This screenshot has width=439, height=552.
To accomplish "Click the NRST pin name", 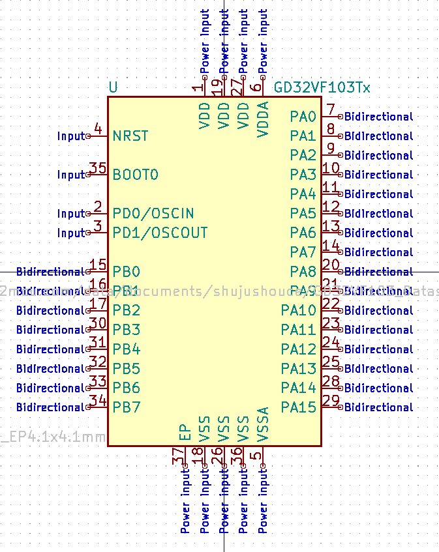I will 130,136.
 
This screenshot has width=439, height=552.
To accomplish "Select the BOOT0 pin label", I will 136,175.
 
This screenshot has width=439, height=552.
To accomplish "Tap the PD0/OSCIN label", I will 153,214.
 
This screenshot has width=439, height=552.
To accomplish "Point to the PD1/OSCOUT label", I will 160,233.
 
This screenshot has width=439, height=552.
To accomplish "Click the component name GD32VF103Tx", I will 322,87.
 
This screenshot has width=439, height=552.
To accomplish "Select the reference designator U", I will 114,87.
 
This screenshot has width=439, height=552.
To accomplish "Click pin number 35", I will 98,168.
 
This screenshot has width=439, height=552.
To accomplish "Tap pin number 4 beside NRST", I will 98,129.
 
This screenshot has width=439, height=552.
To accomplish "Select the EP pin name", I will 185,432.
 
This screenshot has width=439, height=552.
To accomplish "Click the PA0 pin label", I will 303,117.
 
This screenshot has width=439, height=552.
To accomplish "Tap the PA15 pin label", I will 299,408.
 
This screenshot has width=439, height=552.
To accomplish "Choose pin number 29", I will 331,401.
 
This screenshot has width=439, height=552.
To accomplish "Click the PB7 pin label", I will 127,408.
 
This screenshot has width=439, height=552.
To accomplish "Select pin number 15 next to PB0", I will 98,265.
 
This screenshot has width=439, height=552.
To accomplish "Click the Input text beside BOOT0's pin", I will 71,175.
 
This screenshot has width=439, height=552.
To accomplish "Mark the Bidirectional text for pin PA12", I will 379,349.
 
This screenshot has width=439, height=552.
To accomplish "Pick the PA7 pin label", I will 303,253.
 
